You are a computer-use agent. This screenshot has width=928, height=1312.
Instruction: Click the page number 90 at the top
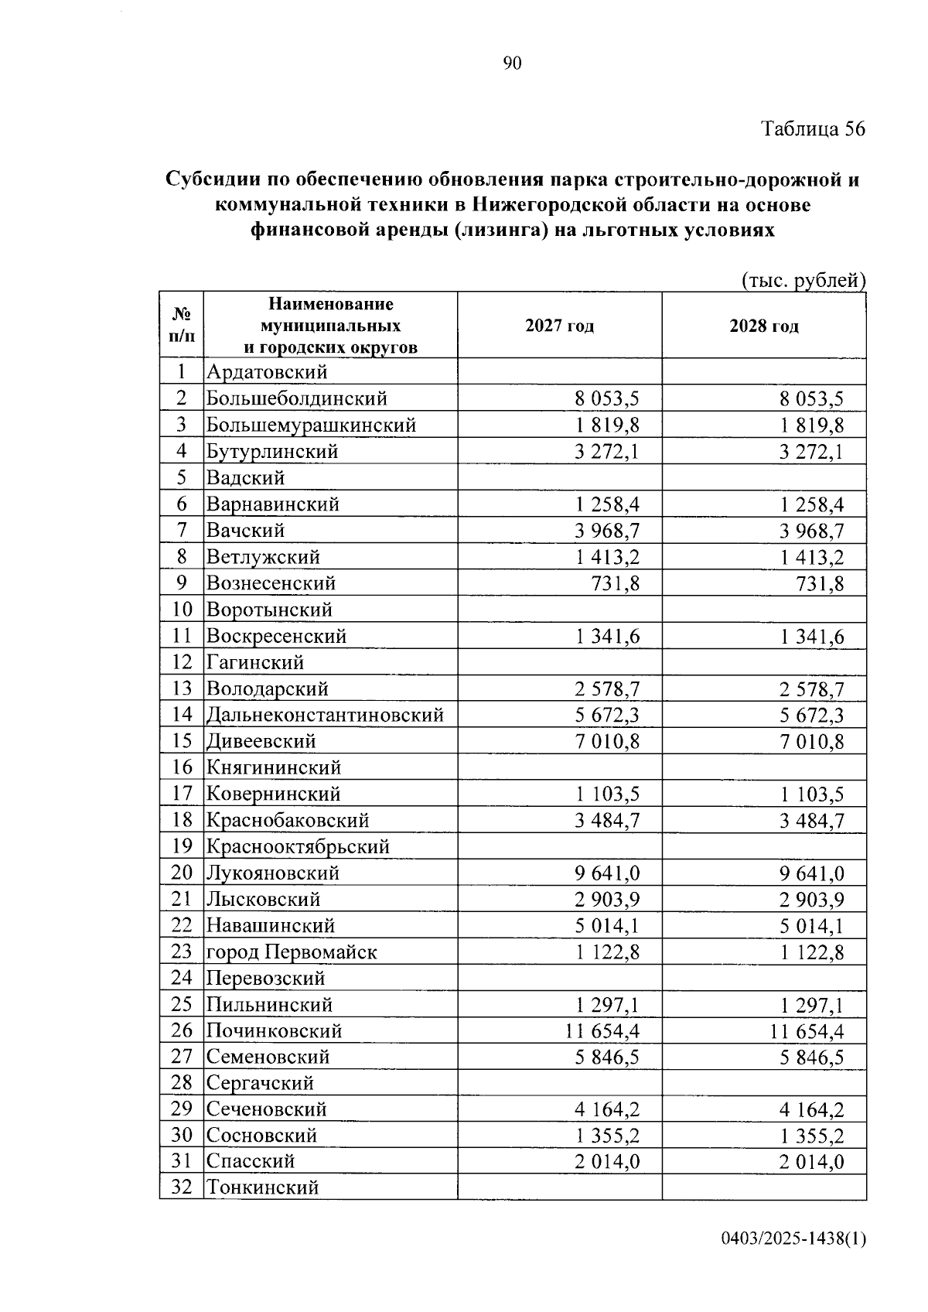coord(512,63)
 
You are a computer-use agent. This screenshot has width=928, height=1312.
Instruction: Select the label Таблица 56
coord(813,128)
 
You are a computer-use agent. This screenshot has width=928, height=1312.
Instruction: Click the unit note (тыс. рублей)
coord(802,281)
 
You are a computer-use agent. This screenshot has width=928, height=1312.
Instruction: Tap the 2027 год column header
coord(559,326)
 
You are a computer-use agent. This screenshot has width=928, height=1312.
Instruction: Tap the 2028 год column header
coord(763,326)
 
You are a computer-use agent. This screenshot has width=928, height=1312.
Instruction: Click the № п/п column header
coord(182,325)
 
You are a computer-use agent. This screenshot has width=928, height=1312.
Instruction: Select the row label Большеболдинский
coord(296,399)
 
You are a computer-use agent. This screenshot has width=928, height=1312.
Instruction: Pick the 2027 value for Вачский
coord(607,531)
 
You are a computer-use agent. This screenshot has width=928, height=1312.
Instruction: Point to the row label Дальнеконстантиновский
coord(325,715)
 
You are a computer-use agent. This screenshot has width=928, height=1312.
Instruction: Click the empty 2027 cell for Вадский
coord(559,478)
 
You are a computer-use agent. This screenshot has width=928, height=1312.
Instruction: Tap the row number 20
coord(182,873)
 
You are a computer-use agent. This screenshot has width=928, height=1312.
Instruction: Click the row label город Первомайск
coord(292,952)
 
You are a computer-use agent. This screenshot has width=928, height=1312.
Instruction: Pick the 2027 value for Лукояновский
coord(607,873)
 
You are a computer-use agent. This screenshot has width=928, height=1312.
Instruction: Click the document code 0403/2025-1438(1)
coord(793,1239)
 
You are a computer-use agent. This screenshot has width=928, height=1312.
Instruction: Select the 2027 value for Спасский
coord(607,1162)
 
